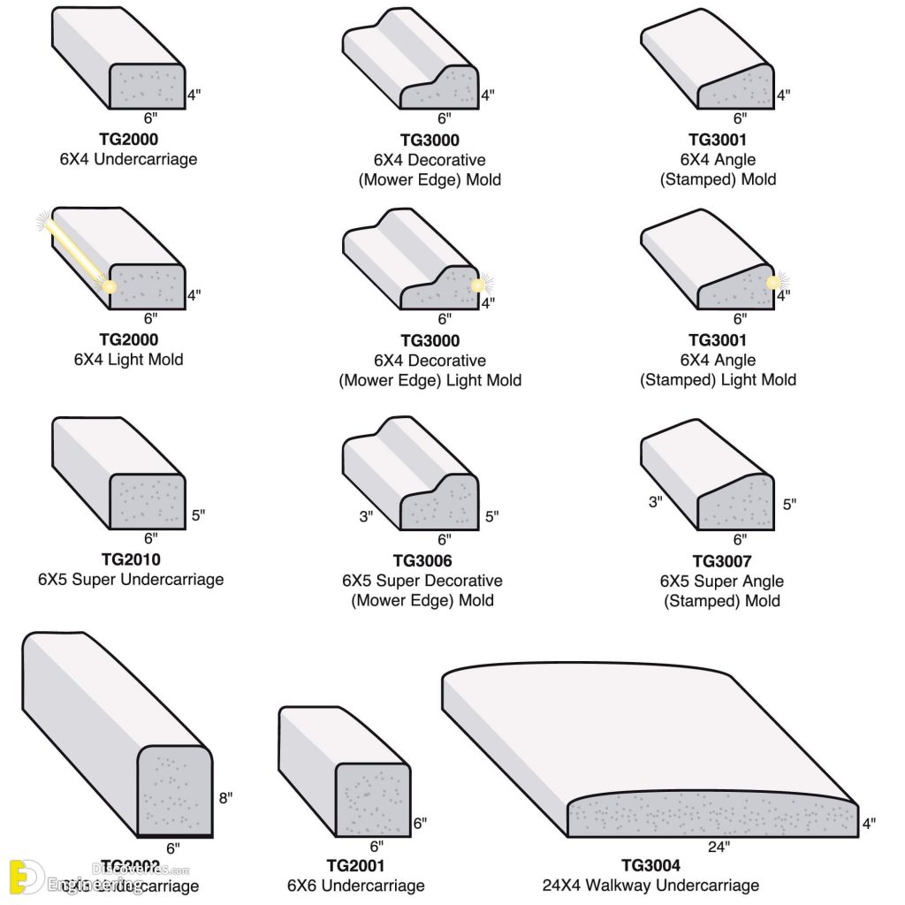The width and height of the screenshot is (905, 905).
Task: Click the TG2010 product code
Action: click(131, 559)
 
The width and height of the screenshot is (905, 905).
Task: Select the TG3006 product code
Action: click(422, 560)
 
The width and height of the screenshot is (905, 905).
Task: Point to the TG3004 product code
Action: click(650, 865)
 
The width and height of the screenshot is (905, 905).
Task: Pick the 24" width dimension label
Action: click(718, 846)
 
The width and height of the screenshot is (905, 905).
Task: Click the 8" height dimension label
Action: click(225, 797)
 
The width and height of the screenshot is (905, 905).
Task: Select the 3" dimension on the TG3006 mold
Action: click(367, 515)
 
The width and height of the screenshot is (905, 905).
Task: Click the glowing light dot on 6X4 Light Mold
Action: click(109, 286)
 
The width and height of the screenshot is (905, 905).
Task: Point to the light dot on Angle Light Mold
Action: click(773, 283)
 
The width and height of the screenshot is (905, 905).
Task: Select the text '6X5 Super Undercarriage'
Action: click(131, 580)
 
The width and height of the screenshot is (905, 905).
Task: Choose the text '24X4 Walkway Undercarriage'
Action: click(650, 885)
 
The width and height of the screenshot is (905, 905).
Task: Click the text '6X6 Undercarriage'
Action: click(355, 885)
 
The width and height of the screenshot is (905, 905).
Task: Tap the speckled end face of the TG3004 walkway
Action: click(711, 817)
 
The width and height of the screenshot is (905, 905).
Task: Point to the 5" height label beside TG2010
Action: click(198, 515)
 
